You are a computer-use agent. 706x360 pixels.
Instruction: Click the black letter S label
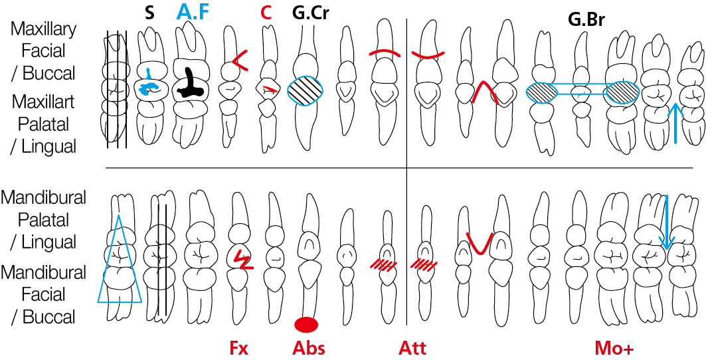150,13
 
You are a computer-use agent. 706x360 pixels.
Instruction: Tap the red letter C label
266,13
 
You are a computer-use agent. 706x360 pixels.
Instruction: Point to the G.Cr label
309,13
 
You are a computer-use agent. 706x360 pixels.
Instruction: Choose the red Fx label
238,348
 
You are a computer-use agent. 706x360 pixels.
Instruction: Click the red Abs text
308,348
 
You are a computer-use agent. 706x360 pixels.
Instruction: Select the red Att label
412,348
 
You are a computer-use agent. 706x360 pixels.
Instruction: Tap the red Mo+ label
614,348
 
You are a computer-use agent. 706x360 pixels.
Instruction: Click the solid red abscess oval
307,324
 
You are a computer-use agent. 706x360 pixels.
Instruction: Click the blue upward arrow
675,123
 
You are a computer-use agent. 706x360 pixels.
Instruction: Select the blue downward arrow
667,222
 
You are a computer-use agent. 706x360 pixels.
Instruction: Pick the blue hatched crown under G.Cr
306,90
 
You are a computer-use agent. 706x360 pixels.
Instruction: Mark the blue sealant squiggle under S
147,83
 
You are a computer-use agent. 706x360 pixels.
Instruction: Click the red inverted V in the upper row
484,92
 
